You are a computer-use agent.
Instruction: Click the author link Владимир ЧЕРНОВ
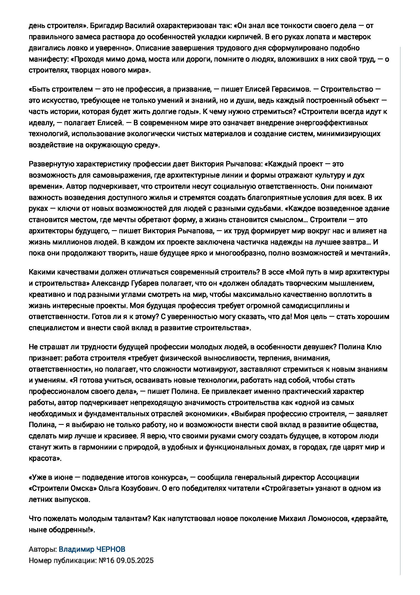pyautogui.click(x=92, y=549)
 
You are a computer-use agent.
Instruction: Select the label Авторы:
pyautogui.click(x=42, y=549)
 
